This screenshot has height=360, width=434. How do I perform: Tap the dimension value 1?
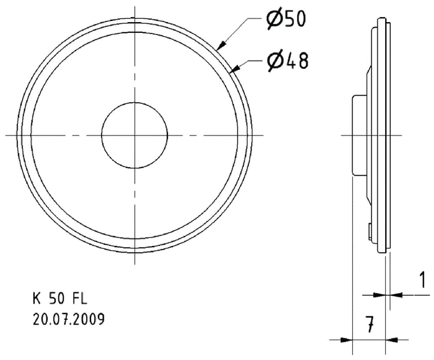[x=422, y=281]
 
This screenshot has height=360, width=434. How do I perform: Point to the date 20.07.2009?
[x=68, y=319]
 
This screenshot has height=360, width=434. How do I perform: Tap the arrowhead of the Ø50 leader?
[x=220, y=47]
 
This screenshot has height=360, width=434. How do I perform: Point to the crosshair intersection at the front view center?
[x=135, y=135]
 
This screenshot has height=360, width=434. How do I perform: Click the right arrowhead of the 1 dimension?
[x=394, y=295]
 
